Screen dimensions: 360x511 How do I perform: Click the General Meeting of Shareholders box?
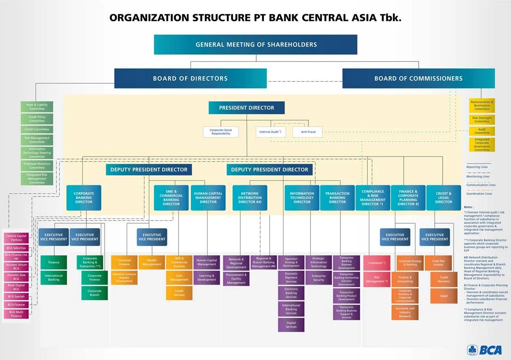point(256,44)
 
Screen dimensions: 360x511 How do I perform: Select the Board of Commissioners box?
point(418,78)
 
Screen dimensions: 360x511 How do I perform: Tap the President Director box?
point(246,108)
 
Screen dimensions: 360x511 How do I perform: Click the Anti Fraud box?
point(307,132)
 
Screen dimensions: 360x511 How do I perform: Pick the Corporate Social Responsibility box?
point(221,132)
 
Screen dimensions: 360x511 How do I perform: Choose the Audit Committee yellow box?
point(482,131)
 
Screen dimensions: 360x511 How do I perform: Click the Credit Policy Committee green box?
point(37,119)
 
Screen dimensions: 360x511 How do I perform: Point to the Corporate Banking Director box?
point(84,198)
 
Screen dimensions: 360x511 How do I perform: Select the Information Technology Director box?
point(302,198)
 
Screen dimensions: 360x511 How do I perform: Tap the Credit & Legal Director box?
point(443,198)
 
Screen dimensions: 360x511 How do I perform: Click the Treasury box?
point(53,262)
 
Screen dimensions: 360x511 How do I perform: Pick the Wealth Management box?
point(152,262)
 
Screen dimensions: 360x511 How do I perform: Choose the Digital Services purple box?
point(291,325)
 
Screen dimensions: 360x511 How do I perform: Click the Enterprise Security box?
point(319,278)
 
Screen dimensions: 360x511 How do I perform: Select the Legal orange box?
point(444,296)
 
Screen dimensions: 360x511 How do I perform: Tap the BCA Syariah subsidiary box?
point(17,296)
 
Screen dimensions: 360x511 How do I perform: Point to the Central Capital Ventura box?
point(17,238)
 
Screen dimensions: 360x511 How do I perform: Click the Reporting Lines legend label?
point(477,167)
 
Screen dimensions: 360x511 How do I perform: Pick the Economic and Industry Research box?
point(405,312)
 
